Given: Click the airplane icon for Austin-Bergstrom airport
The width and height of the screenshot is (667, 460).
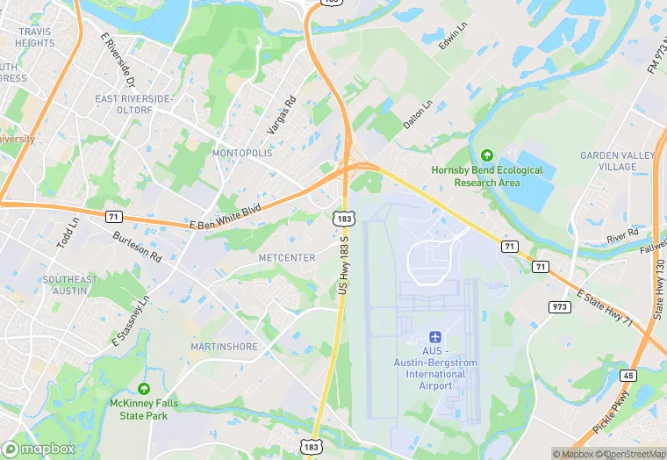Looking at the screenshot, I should click(434, 337).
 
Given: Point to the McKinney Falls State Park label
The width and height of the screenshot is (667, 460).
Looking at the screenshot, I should click(144, 409).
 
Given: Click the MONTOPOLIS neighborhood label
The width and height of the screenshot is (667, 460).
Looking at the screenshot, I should click(242, 153).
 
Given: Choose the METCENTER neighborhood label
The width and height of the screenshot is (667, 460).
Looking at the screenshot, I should click(287, 257).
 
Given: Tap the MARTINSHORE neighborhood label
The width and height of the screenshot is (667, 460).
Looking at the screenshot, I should click(225, 347).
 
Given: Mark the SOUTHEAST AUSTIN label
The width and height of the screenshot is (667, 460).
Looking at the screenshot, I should click(69, 285).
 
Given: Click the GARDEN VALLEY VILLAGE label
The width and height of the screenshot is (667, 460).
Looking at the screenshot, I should click(618, 161).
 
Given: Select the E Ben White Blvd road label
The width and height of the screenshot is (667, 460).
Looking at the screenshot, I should click(226, 218).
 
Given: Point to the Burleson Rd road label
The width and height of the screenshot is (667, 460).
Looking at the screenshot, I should click(137, 247).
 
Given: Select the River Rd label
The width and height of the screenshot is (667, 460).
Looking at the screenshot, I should click(621, 235).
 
